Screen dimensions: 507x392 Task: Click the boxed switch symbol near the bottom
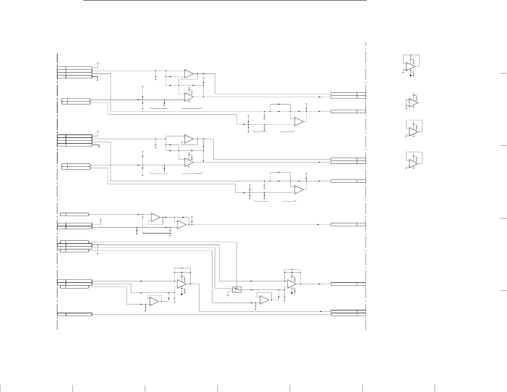[237, 290]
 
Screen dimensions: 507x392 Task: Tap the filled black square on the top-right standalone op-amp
[411, 76]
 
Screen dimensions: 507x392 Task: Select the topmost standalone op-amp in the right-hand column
[410, 66]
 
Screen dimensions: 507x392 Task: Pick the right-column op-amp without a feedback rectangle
[413, 103]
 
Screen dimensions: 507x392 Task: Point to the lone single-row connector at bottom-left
[74, 314]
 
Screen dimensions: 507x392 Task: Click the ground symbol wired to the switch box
[228, 296]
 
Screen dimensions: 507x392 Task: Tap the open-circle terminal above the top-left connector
[98, 63]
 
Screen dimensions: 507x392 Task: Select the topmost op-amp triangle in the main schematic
[189, 74]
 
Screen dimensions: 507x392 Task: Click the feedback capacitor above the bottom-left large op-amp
[182, 268]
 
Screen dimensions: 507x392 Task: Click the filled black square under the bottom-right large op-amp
[292, 293]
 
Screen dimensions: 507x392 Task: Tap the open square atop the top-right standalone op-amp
[411, 56]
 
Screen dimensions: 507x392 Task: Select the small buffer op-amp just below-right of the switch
[264, 300]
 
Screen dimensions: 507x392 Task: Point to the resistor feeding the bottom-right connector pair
[321, 311]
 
